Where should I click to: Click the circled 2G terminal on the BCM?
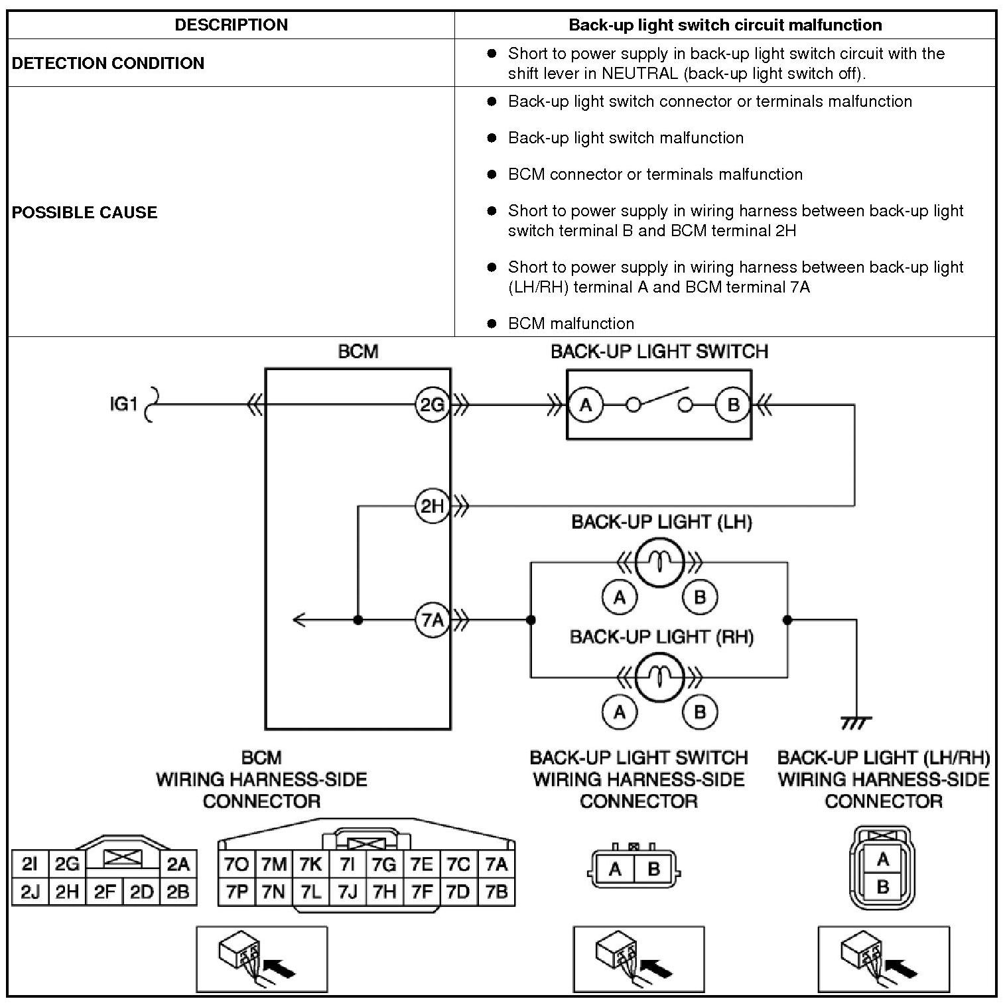click(x=432, y=404)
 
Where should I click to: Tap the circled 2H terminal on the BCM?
click(x=432, y=506)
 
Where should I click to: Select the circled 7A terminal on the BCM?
click(x=432, y=620)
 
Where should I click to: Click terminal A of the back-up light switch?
click(x=586, y=405)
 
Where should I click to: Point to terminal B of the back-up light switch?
click(x=733, y=405)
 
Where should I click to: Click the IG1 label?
click(x=123, y=404)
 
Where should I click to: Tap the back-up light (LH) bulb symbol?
click(x=659, y=563)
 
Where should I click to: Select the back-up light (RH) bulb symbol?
click(x=659, y=677)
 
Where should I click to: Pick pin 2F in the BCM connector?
click(x=105, y=892)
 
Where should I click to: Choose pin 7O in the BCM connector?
click(x=237, y=864)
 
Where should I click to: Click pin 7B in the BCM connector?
click(x=496, y=892)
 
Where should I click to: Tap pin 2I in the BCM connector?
click(x=30, y=864)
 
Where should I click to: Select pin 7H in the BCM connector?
click(x=385, y=892)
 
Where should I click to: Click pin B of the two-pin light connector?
click(x=882, y=887)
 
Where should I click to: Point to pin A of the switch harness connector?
click(x=615, y=869)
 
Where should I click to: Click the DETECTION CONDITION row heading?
click(x=108, y=63)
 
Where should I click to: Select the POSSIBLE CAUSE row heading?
click(x=85, y=212)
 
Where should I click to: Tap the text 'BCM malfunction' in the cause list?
click(x=571, y=324)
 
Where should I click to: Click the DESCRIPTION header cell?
click(x=231, y=25)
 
